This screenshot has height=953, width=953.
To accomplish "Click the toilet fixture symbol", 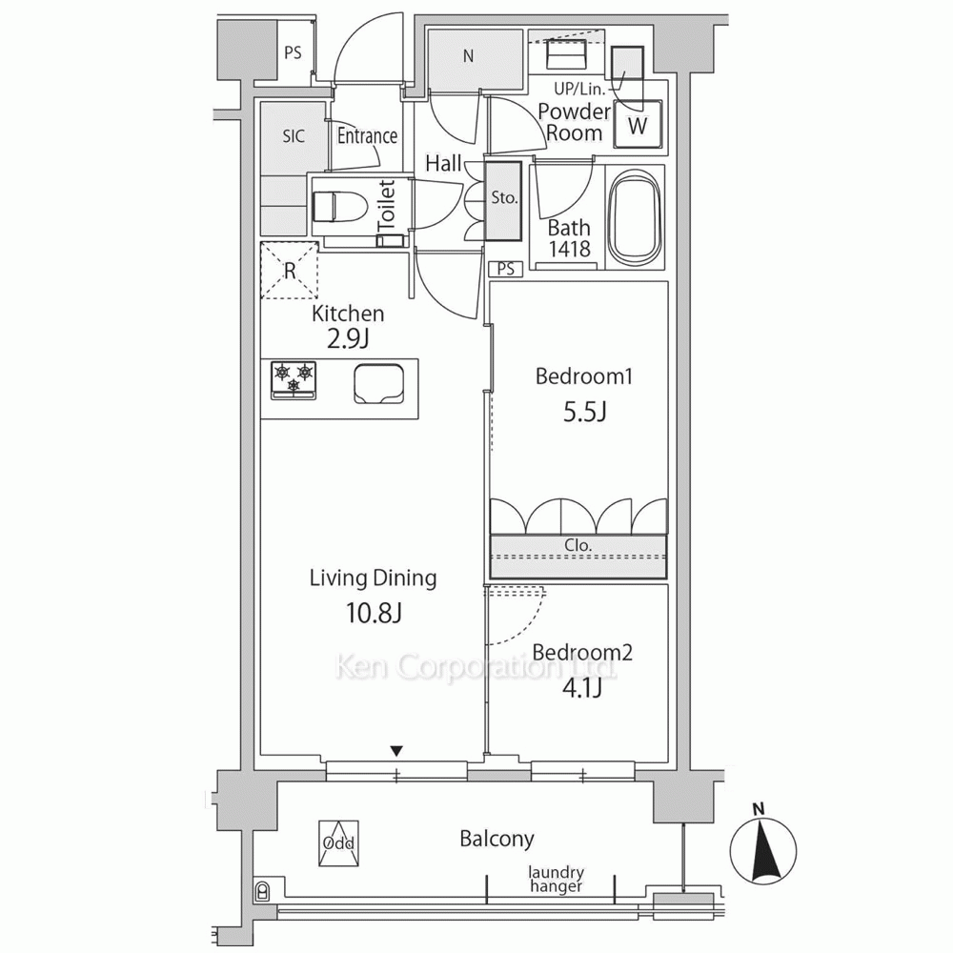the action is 340,207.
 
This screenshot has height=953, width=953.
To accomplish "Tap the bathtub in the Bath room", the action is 635,218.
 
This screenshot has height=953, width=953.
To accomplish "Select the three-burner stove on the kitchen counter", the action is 294,380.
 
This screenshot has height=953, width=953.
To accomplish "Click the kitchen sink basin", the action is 379,383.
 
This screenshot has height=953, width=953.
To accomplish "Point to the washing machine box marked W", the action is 638,125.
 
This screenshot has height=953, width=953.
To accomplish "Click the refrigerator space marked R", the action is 290,271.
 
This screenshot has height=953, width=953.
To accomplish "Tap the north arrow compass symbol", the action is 762,848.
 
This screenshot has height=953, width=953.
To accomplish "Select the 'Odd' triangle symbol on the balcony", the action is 338,843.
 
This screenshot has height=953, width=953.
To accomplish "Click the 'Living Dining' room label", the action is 374,578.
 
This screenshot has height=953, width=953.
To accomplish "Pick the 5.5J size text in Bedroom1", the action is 585,412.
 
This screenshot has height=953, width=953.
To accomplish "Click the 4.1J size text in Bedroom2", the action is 582,689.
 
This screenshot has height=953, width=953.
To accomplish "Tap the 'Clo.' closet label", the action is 578,545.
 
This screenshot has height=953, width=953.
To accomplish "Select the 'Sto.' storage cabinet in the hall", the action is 503,200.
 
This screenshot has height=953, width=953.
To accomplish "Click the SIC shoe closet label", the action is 294,135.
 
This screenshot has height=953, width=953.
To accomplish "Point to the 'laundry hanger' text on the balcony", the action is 557,880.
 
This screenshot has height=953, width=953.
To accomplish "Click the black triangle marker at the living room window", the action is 396,752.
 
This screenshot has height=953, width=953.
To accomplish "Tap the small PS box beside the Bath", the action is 506,269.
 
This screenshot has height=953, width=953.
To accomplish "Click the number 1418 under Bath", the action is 570,249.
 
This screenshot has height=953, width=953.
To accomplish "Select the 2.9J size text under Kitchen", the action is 348,338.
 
